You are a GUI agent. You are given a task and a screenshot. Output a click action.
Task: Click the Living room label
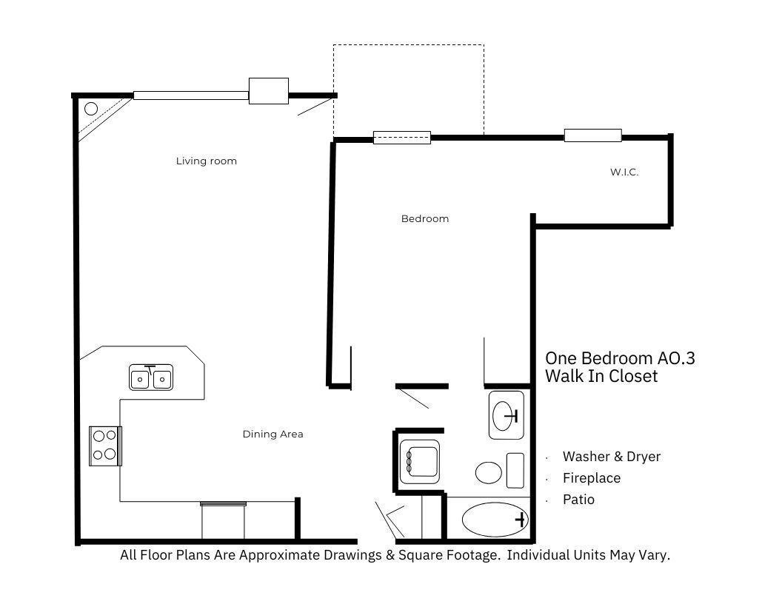(x=206, y=161)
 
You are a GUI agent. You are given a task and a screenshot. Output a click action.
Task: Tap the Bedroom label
(x=424, y=218)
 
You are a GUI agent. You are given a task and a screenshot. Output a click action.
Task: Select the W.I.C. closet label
(x=624, y=172)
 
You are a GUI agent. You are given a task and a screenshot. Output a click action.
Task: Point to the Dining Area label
(x=273, y=434)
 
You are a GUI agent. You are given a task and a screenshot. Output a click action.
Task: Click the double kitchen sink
(x=151, y=377)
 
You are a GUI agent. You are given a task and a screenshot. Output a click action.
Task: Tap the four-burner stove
(x=105, y=446)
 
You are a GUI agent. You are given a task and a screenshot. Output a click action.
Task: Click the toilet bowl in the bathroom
(x=489, y=472)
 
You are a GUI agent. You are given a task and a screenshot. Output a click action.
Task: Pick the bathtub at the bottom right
(x=494, y=520)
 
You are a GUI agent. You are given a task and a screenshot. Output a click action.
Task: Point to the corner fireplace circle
(x=91, y=109)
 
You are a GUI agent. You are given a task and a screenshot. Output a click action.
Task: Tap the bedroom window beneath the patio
(x=401, y=137)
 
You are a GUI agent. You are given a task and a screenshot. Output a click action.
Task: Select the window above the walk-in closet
(x=592, y=135)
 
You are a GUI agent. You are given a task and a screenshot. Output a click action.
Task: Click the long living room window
(x=190, y=95)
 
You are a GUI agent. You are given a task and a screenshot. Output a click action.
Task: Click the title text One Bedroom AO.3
(x=620, y=359)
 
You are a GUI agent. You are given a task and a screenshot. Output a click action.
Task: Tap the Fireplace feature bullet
(x=591, y=478)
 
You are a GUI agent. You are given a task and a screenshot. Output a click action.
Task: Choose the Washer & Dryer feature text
(x=611, y=456)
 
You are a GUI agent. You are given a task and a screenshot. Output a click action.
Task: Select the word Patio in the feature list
(x=578, y=500)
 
